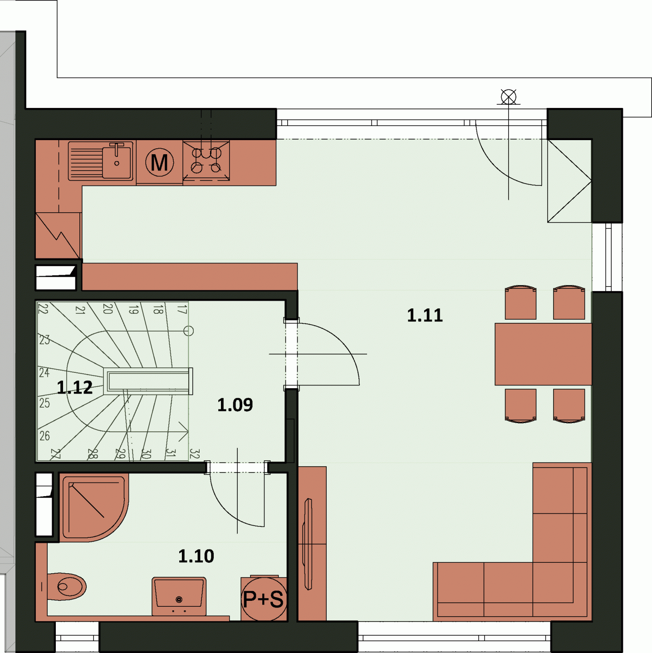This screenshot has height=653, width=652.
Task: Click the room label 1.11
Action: (425, 316)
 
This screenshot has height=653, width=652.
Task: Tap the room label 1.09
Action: (235, 405)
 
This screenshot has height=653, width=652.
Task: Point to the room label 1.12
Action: (74, 387)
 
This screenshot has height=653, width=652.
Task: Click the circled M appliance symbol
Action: (159, 163)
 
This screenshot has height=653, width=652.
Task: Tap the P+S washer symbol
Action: (264, 599)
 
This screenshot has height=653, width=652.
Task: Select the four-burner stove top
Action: (206, 161)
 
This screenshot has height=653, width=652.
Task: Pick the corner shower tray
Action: (93, 507)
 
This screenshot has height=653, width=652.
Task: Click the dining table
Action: (543, 354)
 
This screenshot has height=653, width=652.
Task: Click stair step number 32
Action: (194, 454)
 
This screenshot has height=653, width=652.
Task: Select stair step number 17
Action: (182, 309)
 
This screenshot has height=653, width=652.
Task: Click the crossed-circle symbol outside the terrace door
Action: (508, 97)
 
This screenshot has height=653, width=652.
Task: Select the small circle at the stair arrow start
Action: (188, 331)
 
